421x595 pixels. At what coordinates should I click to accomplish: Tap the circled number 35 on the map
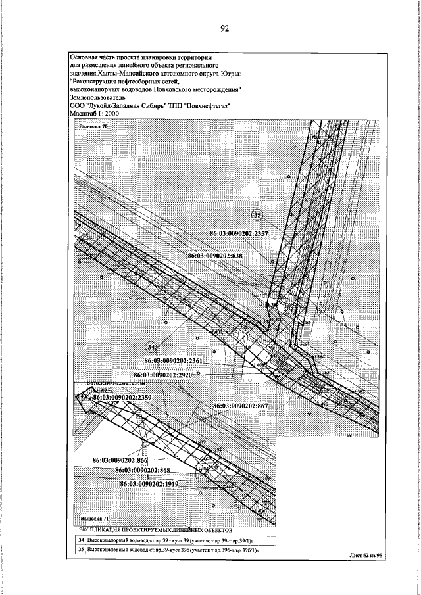pyautogui.click(x=258, y=215)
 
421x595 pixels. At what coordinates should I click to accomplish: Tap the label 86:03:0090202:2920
pyautogui.click(x=172, y=373)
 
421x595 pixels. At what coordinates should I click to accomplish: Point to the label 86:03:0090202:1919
pyautogui.click(x=151, y=483)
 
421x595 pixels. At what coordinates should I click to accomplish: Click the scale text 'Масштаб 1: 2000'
pyautogui.click(x=95, y=113)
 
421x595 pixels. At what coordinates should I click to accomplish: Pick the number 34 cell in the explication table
pyautogui.click(x=78, y=538)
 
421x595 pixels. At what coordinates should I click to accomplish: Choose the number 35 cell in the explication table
pyautogui.click(x=78, y=550)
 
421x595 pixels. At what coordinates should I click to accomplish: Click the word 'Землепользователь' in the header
pyautogui.click(x=97, y=97)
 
